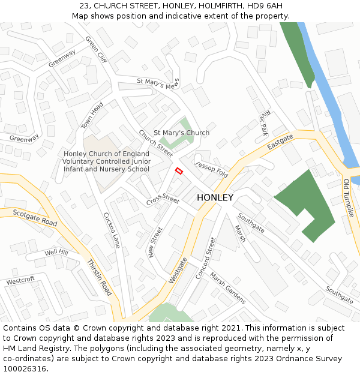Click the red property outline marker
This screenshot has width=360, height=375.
tap(178, 171)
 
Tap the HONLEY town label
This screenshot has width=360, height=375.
tap(215, 197)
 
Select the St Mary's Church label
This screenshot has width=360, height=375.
tap(182, 133)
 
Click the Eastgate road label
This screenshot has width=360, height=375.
tap(280, 142)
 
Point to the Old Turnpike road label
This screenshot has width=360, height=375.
tap(349, 197)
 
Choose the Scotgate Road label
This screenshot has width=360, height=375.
tap(35, 218)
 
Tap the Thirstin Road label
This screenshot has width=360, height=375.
tap(99, 278)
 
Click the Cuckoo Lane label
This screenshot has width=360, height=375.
tap(112, 230)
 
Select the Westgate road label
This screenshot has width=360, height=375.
tap(178, 270)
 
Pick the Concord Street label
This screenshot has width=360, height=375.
tap(205, 258)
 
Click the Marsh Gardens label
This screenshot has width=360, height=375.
tap(227, 290)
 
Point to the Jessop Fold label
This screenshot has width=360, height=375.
tap(211, 169)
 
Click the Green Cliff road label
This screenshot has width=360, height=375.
tap(96, 50)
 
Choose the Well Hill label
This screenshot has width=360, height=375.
tap(56, 253)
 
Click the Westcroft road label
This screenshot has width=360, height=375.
tap(20, 280)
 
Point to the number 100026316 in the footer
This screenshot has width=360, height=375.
tap(25, 368)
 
